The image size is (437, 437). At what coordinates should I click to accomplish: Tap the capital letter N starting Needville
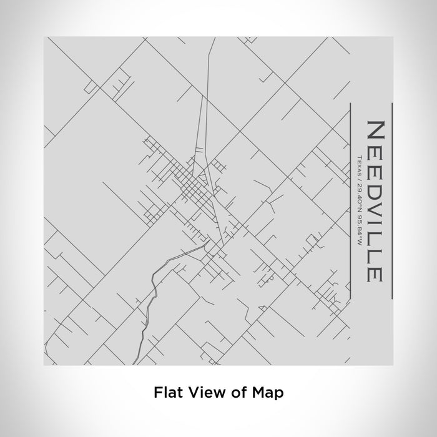[x=375, y=129]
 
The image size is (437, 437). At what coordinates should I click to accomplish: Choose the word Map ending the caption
[x=268, y=393]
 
